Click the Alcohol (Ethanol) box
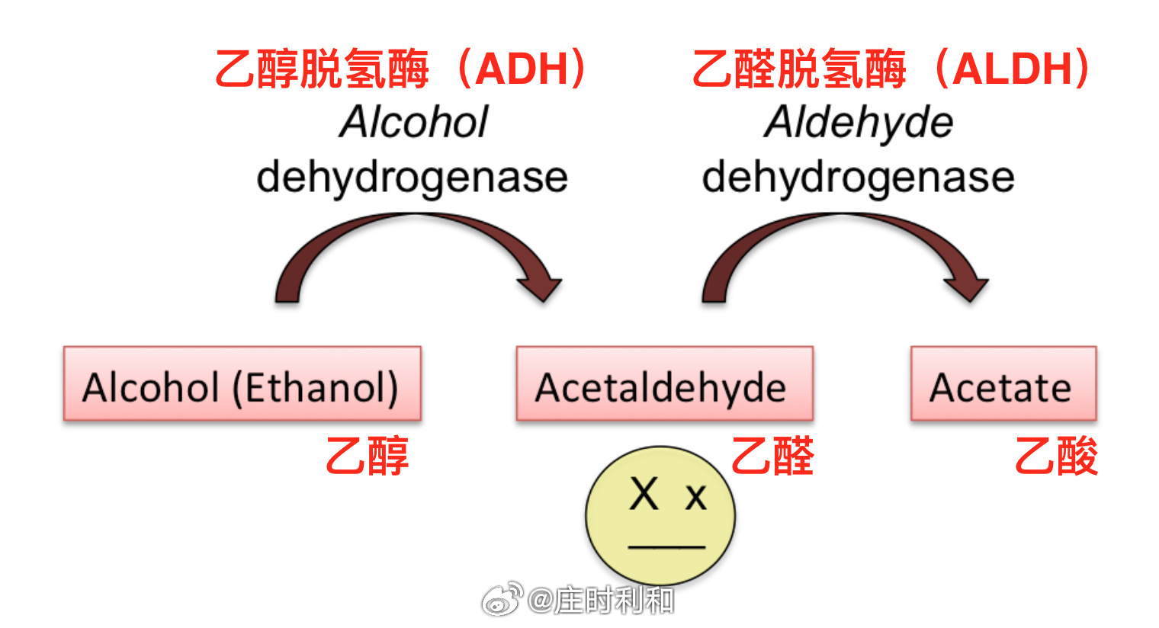(242, 383)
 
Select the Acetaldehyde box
(664, 383)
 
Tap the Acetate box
(1003, 383)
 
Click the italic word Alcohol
(413, 122)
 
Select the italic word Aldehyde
(858, 123)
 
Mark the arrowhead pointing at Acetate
(968, 287)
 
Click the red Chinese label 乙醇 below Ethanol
(368, 456)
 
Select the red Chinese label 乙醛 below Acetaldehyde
(773, 456)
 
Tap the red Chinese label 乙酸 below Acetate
(1056, 456)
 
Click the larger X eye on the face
(644, 494)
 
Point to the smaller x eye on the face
(695, 498)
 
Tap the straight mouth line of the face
(667, 546)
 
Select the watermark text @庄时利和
(601, 601)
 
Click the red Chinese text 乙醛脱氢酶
(799, 69)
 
